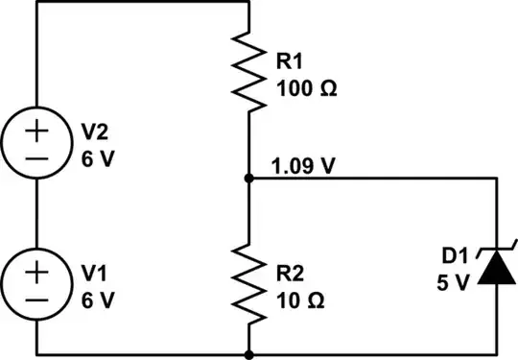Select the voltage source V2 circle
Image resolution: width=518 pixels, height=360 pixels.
click(x=36, y=143)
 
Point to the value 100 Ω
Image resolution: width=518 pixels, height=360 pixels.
click(x=306, y=90)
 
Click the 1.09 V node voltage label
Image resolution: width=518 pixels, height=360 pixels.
click(x=304, y=166)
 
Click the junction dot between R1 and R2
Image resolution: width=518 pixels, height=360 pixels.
click(x=248, y=179)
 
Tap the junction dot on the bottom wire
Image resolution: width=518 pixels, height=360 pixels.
click(x=248, y=354)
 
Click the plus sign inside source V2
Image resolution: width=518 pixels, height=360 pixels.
click(x=36, y=130)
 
